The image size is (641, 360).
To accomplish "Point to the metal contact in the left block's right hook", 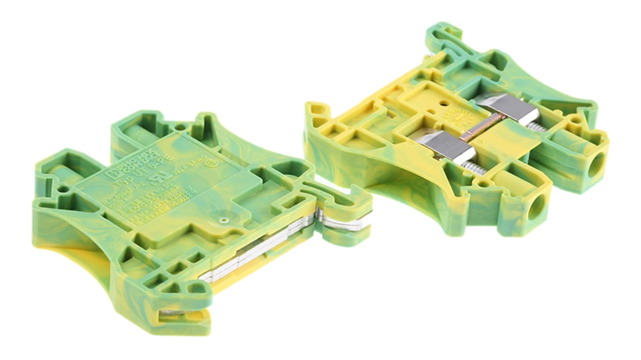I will pyautogui.click(x=339, y=221).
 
